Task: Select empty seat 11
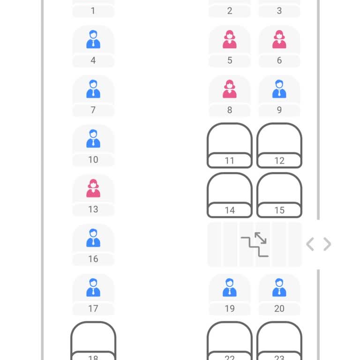click(x=230, y=145)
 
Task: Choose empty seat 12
click(x=279, y=145)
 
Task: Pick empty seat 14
click(x=230, y=195)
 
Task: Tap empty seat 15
click(x=279, y=195)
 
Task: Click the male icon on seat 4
click(x=93, y=39)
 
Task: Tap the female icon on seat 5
click(x=230, y=39)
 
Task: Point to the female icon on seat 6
click(x=279, y=39)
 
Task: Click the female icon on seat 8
click(x=230, y=89)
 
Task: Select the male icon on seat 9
click(x=279, y=89)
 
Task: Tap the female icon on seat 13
click(x=93, y=188)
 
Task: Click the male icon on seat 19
click(x=230, y=287)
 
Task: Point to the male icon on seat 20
click(x=279, y=287)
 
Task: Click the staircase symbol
click(x=255, y=245)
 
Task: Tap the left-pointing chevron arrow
click(x=310, y=244)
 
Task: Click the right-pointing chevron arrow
click(x=327, y=244)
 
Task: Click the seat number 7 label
click(x=93, y=110)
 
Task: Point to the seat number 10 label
click(x=93, y=159)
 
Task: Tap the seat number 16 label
click(x=93, y=259)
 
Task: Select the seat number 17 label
click(x=93, y=308)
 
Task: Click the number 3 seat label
click(x=279, y=11)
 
